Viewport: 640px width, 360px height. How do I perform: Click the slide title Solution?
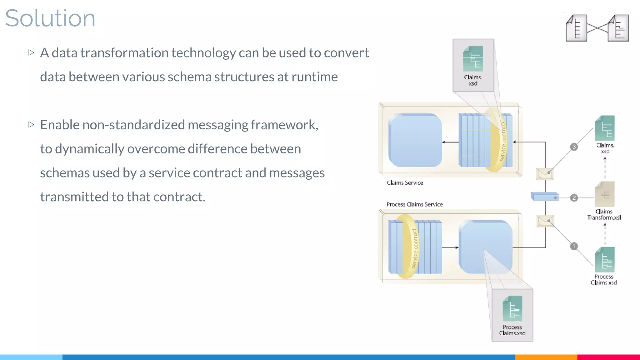tap(50, 18)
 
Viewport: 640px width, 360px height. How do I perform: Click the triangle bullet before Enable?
tap(31, 124)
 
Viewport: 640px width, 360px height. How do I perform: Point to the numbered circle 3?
tap(574, 147)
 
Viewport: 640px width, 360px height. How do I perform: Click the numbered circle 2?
tap(574, 198)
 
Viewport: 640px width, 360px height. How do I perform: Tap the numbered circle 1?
tap(574, 246)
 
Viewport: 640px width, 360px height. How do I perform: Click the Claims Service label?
tap(405, 183)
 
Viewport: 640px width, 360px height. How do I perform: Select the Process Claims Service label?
tap(414, 204)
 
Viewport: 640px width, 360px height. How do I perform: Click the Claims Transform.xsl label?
tap(604, 215)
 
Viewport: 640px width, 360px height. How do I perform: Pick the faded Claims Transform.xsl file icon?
tap(605, 194)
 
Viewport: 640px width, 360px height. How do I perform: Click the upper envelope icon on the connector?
tap(545, 174)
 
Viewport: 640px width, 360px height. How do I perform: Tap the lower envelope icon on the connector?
tap(545, 221)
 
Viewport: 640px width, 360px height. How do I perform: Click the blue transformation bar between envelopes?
tap(544, 197)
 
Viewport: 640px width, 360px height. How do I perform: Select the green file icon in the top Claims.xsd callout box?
tap(473, 59)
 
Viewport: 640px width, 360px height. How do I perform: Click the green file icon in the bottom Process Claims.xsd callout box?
tap(512, 309)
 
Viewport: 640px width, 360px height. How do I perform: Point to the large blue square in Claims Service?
tap(415, 140)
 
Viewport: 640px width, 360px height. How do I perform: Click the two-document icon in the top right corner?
tap(597, 28)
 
